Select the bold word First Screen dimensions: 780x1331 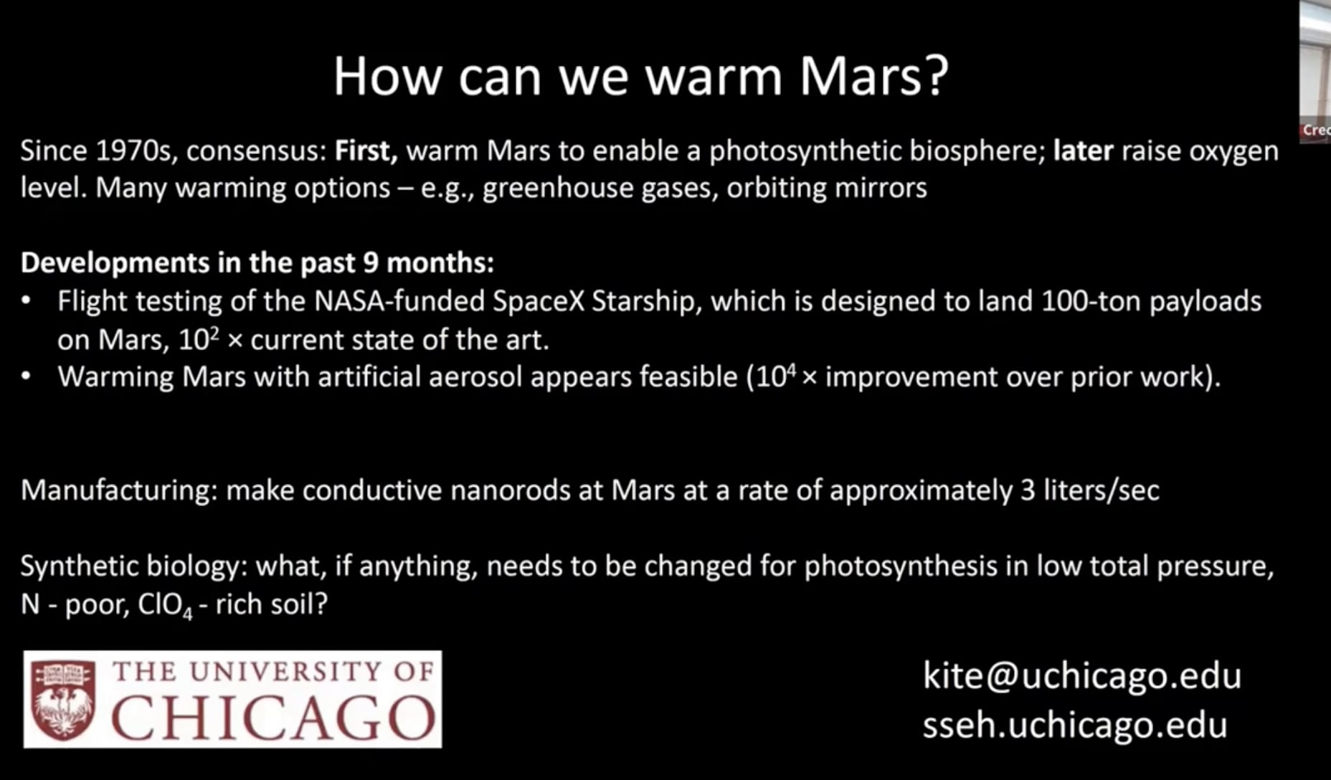click(366, 151)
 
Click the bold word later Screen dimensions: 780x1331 click(1083, 151)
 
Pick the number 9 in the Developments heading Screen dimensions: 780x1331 click(370, 263)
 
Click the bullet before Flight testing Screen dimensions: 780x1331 click(27, 301)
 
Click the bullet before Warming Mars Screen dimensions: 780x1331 click(27, 376)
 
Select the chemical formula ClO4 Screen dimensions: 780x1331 click(165, 605)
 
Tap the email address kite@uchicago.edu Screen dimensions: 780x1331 click(1081, 676)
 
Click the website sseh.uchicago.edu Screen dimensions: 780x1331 click(1074, 726)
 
